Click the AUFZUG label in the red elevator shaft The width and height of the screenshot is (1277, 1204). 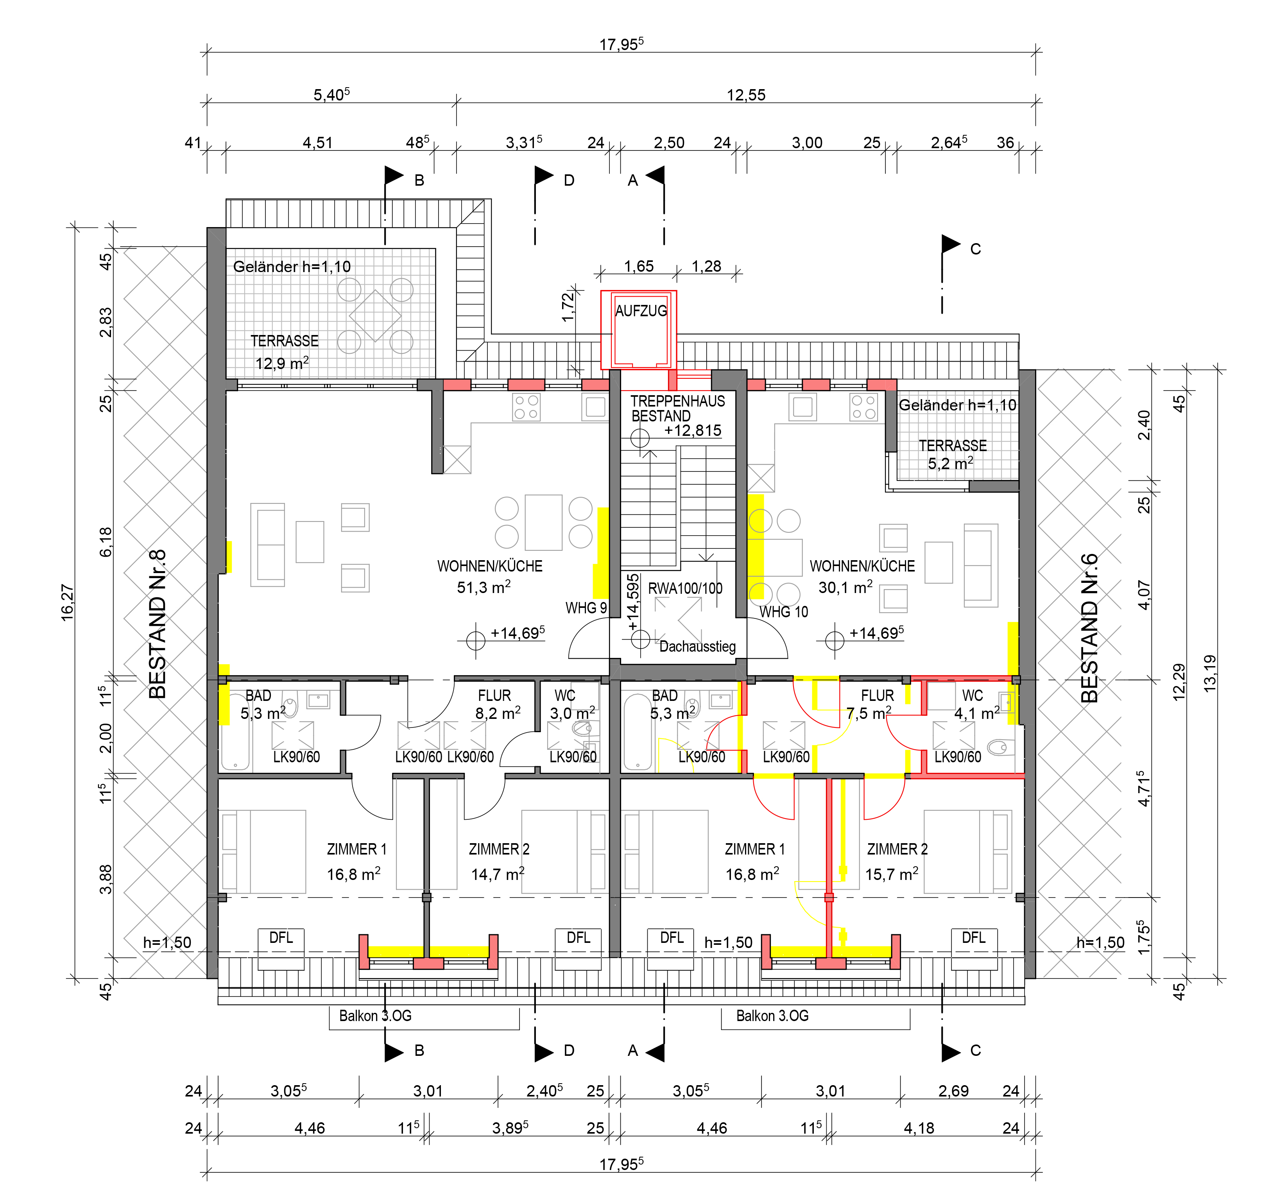click(641, 311)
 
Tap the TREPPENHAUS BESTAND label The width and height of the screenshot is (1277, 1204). click(677, 408)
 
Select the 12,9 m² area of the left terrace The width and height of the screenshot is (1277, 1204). click(282, 363)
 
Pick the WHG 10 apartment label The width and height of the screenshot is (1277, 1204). click(784, 612)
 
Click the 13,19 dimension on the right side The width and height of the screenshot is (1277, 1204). click(1209, 673)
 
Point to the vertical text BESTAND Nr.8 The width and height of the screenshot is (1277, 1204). click(158, 624)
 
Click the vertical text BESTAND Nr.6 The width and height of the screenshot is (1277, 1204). click(1089, 628)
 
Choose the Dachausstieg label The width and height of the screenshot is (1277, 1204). click(698, 646)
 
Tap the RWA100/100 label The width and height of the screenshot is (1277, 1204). click(685, 588)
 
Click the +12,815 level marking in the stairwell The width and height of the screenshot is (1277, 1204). click(693, 430)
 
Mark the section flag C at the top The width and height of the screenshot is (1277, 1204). click(951, 244)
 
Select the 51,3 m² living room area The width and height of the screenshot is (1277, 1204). click(484, 587)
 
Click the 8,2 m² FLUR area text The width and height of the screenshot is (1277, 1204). click(498, 713)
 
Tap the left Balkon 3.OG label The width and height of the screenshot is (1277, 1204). click(375, 1016)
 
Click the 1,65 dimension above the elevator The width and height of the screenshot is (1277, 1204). click(639, 266)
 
